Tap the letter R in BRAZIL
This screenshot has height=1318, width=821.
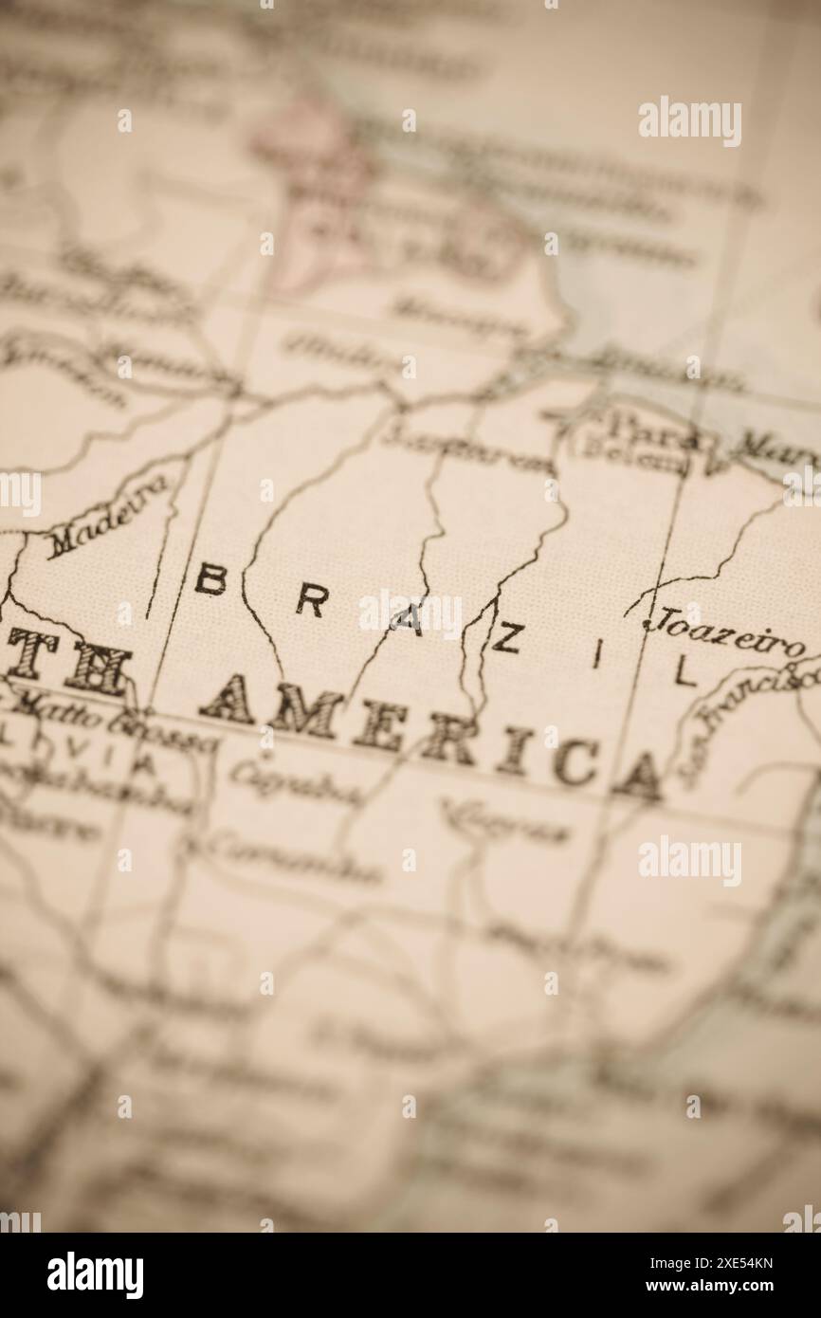click(x=312, y=601)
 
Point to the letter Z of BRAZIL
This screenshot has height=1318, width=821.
click(x=504, y=639)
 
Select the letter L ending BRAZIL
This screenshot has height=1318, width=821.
click(x=684, y=672)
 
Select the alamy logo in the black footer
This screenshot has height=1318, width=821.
click(x=95, y=1275)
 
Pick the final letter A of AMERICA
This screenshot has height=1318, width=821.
click(x=638, y=778)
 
